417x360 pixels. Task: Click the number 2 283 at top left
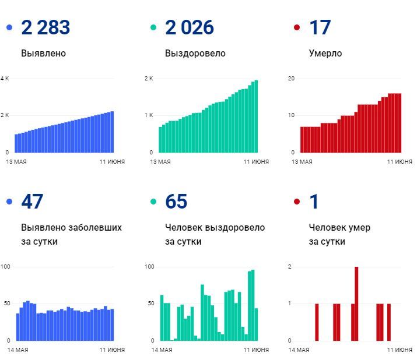tap(45, 27)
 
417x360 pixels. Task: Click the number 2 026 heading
tap(190, 27)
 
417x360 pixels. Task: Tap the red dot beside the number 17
tap(297, 27)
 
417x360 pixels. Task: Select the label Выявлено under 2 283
tap(43, 54)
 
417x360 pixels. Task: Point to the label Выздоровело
tap(195, 54)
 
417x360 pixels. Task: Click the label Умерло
tap(325, 54)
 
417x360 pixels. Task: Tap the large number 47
tap(33, 202)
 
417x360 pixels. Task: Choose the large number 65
tap(176, 202)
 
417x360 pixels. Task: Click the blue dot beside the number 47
tap(9, 202)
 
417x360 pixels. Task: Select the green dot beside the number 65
tap(153, 202)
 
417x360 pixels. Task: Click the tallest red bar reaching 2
tap(356, 303)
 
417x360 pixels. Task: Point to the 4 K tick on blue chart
tap(5, 79)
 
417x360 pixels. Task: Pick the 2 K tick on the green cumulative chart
tap(149, 79)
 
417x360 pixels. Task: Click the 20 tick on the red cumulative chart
tap(292, 79)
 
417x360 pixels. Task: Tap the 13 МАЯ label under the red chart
tap(302, 161)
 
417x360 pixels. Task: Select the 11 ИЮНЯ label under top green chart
tap(256, 161)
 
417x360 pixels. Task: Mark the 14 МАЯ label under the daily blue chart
tap(18, 350)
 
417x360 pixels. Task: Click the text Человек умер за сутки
tap(339, 234)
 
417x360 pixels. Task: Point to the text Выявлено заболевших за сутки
tap(71, 234)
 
